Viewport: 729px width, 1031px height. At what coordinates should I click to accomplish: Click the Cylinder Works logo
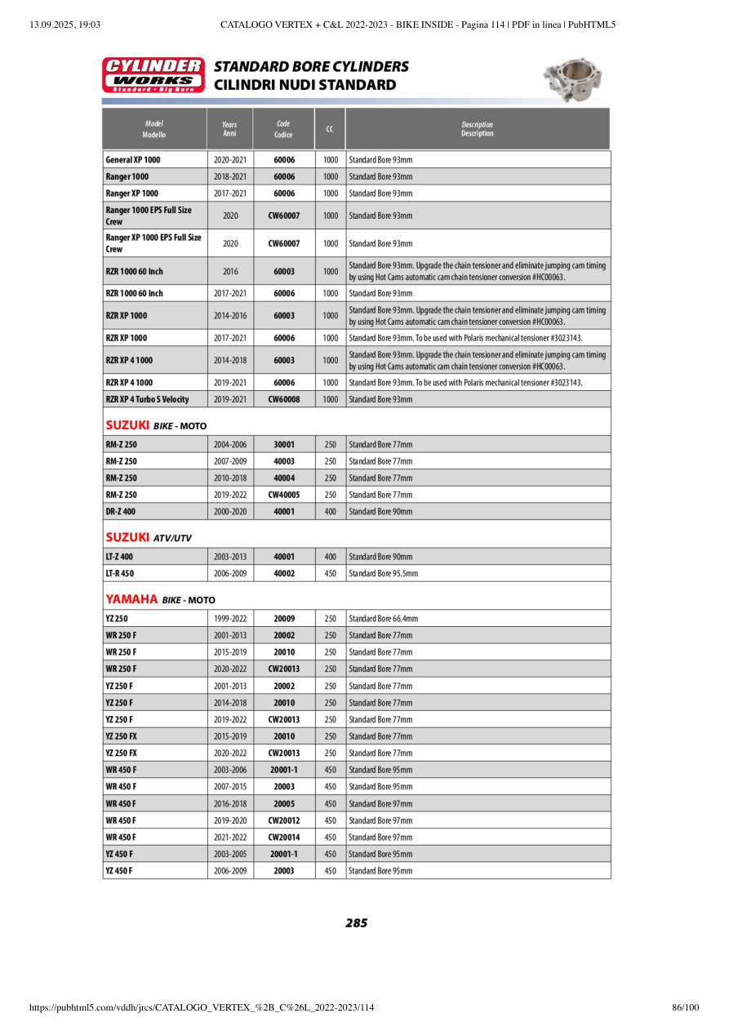[x=153, y=74]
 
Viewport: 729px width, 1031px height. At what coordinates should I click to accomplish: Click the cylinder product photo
[x=573, y=79]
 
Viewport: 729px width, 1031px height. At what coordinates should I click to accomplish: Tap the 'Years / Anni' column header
[x=229, y=129]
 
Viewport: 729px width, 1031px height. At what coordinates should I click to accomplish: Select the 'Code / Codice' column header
[x=283, y=129]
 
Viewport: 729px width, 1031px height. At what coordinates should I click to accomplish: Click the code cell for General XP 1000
[x=283, y=160]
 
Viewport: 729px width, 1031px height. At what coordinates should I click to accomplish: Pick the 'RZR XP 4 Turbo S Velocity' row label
[x=147, y=399]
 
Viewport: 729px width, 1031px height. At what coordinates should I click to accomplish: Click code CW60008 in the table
[x=283, y=399]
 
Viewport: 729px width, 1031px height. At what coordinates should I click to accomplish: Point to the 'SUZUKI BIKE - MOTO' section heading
[x=156, y=425]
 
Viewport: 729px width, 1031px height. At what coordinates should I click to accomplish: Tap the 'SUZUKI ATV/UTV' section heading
[x=149, y=537]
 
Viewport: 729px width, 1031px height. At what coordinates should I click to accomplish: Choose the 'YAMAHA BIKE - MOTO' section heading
[x=160, y=600]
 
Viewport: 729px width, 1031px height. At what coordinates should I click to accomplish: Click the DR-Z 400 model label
[x=120, y=512]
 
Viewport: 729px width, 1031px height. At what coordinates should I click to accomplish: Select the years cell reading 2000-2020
[x=229, y=512]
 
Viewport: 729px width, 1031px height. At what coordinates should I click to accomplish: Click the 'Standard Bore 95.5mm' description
[x=383, y=574]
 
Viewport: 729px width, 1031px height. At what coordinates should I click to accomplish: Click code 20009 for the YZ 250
[x=283, y=619]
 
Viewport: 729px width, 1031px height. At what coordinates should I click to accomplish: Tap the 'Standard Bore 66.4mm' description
[x=383, y=619]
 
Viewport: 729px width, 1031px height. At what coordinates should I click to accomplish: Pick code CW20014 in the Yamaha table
[x=283, y=838]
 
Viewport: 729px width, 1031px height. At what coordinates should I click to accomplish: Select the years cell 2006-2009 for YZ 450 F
[x=229, y=871]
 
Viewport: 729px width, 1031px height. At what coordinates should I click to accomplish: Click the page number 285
[x=356, y=923]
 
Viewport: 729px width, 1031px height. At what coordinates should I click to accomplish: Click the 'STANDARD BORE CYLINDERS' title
[x=311, y=66]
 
